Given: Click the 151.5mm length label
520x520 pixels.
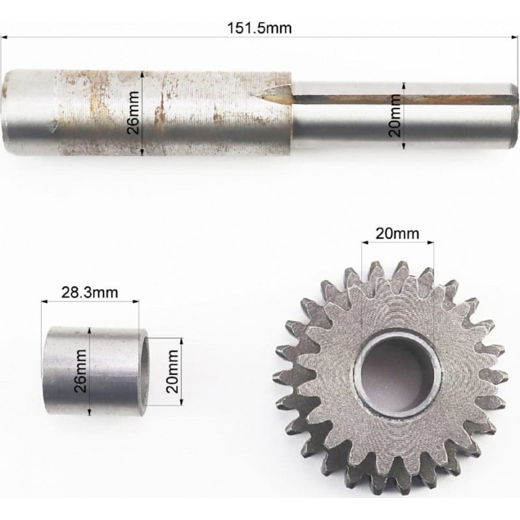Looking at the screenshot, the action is pos(259,28).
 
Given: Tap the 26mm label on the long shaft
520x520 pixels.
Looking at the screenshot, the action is pos(134,112).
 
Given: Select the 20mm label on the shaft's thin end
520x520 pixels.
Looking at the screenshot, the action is pos(395,116).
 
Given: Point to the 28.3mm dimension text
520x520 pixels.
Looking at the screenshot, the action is pos(90,292).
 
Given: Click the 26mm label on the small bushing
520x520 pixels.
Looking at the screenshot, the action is pos(81,370).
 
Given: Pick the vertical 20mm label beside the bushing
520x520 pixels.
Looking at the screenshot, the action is pos(172,371).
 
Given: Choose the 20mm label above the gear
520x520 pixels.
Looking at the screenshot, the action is pos(397,234).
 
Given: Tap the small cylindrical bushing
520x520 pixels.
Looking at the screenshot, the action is pos(96,370).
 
